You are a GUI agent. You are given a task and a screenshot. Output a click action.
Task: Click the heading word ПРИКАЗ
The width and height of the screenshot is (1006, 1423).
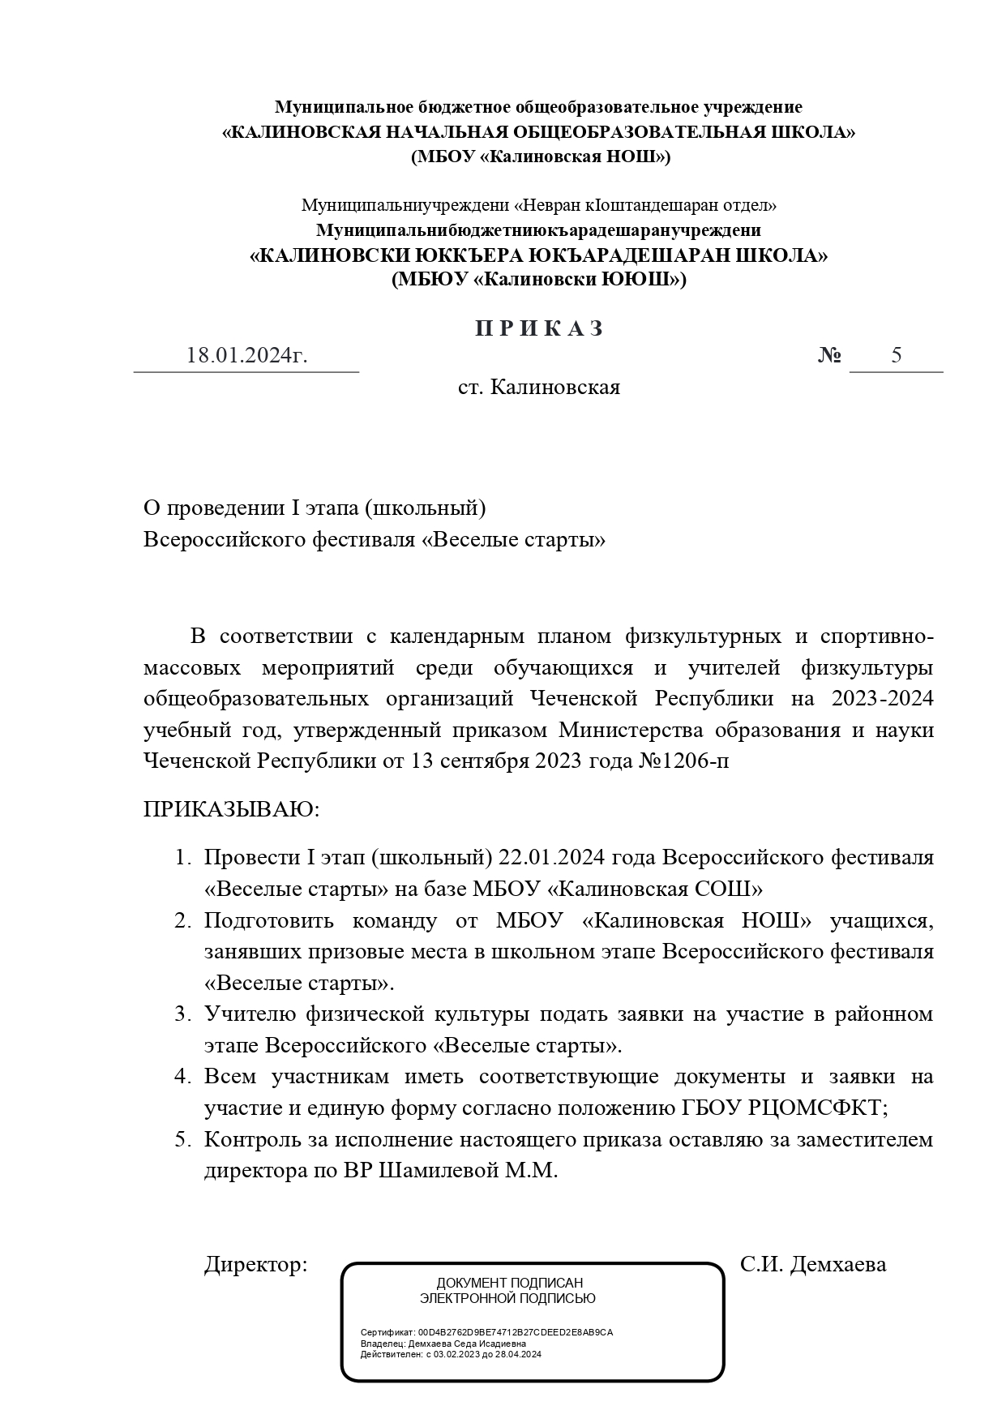coord(539,328)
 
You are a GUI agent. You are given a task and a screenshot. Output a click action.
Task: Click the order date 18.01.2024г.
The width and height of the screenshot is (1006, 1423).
coord(246,356)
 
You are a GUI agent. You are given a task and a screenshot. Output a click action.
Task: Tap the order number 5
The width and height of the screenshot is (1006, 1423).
coord(896,355)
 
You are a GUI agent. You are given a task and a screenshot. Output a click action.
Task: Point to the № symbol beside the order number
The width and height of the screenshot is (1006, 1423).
coord(828,356)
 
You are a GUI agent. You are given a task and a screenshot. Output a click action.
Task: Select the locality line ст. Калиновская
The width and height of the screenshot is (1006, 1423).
coord(538,388)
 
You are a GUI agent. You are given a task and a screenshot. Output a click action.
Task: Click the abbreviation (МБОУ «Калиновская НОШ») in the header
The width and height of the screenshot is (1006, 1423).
coord(540,156)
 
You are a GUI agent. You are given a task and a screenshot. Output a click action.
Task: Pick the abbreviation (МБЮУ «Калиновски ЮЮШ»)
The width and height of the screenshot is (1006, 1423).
coord(538,280)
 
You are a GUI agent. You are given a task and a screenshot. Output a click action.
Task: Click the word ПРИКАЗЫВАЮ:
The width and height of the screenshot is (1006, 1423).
coord(232,809)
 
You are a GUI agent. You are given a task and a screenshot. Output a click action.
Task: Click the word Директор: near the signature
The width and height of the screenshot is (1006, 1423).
coord(255,1264)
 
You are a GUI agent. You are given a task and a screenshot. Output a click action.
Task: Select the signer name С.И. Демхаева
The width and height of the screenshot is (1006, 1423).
coord(812,1264)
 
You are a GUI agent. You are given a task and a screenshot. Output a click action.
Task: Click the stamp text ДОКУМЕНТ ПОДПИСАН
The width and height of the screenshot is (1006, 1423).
coord(509,1284)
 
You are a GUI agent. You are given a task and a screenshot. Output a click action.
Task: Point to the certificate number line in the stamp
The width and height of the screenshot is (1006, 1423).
coord(486,1332)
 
